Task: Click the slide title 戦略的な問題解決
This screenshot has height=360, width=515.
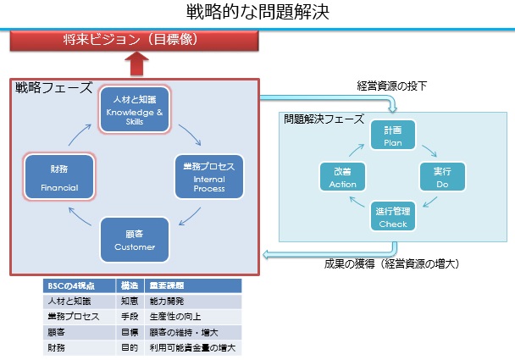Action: tap(257, 12)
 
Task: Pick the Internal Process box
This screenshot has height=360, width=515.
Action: tap(208, 174)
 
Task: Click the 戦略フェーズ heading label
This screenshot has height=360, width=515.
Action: tap(53, 88)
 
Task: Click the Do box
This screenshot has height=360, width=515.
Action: tap(442, 176)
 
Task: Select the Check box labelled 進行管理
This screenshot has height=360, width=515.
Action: tap(392, 218)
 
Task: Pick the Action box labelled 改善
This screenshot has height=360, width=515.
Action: tap(342, 176)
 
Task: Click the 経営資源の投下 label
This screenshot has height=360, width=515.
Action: tap(393, 86)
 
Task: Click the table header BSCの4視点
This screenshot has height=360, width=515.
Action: tap(68, 285)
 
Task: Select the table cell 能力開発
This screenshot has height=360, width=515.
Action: tap(167, 301)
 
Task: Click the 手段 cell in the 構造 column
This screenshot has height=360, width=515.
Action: tap(130, 316)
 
